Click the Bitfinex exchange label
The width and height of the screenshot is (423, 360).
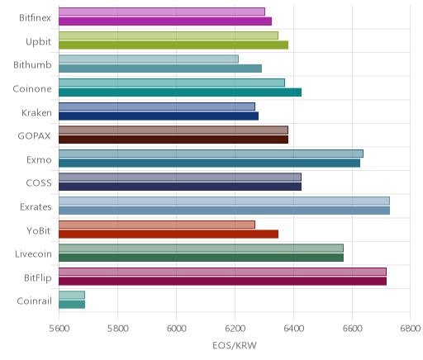35,18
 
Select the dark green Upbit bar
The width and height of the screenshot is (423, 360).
173,45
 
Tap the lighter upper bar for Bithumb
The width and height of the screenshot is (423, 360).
149,59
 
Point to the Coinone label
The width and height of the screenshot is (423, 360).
32,89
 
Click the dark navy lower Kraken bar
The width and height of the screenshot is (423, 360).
159,116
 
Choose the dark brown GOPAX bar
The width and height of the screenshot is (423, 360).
173,140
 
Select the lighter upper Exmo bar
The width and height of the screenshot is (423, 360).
211,154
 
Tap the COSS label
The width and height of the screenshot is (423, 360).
39,183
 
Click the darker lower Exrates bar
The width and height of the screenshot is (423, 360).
224,211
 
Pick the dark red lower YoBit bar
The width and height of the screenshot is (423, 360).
169,234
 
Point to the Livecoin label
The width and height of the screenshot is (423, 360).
33,254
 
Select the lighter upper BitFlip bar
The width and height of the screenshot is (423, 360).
222,272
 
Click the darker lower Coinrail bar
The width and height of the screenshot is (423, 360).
72,305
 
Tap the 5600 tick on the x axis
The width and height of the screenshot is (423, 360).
59,329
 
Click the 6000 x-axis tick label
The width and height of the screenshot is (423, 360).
177,329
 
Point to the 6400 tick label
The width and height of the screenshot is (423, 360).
294,329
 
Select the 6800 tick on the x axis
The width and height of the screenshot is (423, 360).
411,329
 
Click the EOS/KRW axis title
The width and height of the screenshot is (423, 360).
235,345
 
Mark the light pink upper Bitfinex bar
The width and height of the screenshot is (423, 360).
162,12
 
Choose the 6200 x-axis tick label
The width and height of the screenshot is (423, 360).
235,329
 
